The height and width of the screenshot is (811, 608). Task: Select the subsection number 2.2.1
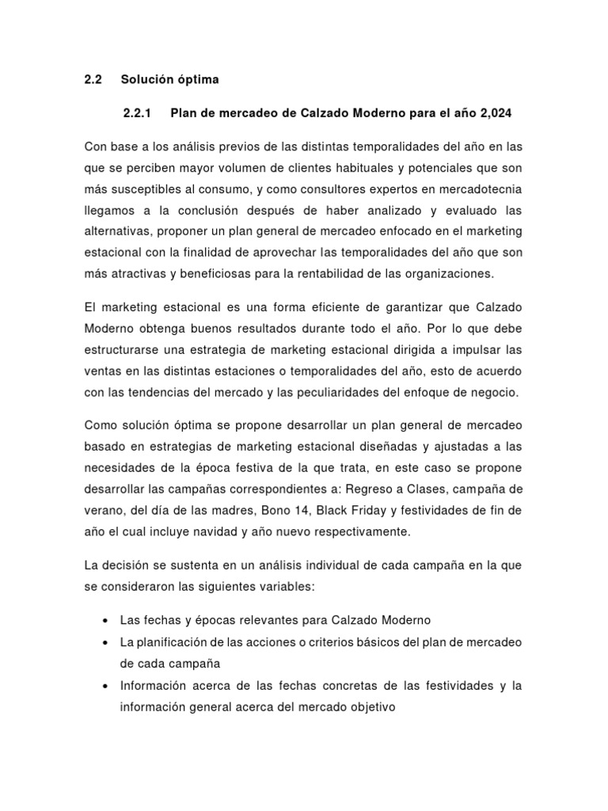coord(139,113)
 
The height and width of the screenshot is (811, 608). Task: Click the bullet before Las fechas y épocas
coord(105,620)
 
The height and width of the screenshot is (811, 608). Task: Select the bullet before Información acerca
coord(105,686)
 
